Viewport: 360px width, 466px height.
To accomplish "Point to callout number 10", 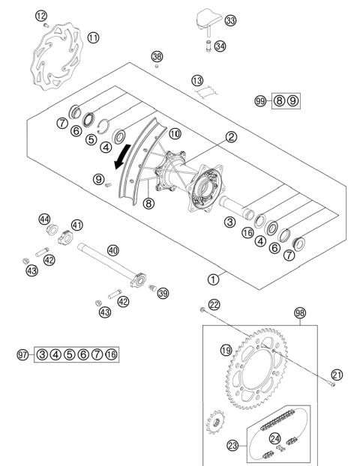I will [x=174, y=134].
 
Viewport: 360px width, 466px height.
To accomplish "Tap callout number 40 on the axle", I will [x=113, y=251].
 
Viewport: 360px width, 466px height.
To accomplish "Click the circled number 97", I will [x=24, y=354].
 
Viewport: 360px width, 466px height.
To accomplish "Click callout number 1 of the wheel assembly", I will [x=214, y=279].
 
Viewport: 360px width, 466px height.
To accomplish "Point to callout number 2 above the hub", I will [x=211, y=138].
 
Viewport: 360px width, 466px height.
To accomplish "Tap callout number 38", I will [x=157, y=57].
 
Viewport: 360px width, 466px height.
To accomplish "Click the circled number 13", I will [x=197, y=80].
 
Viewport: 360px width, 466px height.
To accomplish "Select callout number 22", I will [x=214, y=304].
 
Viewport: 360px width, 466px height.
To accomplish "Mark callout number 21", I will [x=336, y=374].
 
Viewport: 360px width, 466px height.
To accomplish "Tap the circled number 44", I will [x=44, y=219].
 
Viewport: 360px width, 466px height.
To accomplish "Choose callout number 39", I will [x=163, y=293].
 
